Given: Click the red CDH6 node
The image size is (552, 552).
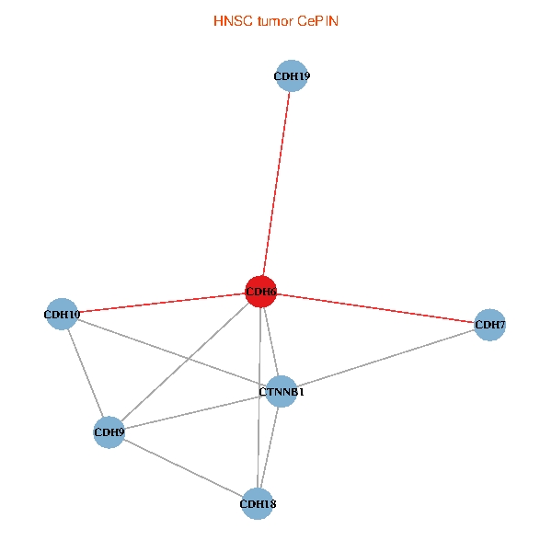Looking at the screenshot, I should click(261, 292).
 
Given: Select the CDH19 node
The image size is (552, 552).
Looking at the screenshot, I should click(291, 76).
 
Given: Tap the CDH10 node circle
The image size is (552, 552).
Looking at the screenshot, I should click(62, 315).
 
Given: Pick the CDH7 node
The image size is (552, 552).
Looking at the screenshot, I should click(490, 324).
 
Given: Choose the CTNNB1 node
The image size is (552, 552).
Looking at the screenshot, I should click(281, 392).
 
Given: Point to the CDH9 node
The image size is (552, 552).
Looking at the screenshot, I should click(109, 431).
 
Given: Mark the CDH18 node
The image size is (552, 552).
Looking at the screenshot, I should click(258, 503).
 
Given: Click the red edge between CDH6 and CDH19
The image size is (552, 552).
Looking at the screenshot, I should click(276, 184).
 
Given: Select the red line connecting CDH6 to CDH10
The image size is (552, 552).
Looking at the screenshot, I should click(161, 303).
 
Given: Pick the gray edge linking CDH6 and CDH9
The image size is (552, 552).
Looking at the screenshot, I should click(184, 362).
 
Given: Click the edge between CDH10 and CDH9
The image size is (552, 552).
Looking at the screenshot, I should click(86, 374).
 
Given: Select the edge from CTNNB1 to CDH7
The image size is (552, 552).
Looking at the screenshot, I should click(385, 358).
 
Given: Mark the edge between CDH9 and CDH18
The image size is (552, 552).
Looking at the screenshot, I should click(184, 467).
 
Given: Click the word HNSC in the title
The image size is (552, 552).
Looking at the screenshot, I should click(230, 20).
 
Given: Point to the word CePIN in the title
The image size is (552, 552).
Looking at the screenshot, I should click(317, 20).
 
